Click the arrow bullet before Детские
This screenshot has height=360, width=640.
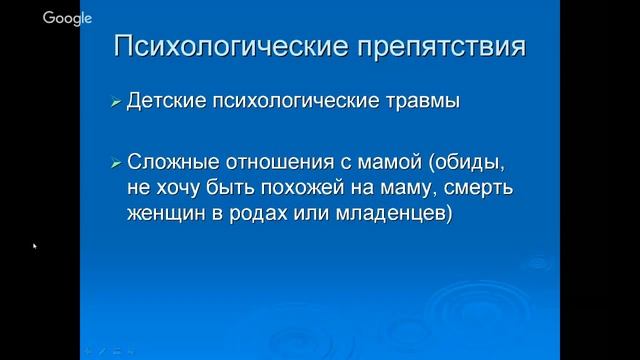116,102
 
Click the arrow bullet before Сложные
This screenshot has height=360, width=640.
116,163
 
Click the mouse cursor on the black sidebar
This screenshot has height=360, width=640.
35,245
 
